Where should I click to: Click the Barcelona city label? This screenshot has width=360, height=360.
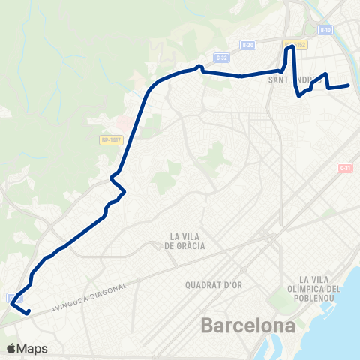[x=247, y=327]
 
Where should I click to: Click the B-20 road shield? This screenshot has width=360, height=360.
[x=247, y=45]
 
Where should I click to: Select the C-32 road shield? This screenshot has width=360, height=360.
[x=220, y=57]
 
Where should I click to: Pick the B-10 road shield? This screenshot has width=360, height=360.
[x=325, y=30]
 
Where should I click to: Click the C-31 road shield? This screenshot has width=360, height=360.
[x=345, y=168]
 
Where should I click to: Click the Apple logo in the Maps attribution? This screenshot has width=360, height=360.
[x=11, y=348]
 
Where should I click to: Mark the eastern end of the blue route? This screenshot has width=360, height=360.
[x=349, y=86]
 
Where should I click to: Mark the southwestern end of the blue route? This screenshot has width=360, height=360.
[x=28, y=313]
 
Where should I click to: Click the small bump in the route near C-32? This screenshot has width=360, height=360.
[x=199, y=67]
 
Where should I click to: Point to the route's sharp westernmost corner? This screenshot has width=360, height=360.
[x=11, y=304]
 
